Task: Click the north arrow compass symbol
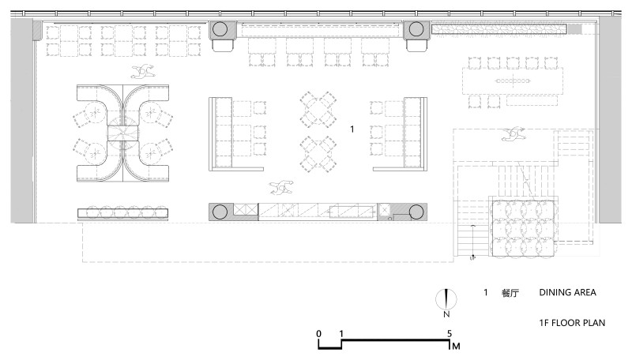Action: tap(446, 299)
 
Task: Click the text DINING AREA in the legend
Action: tap(567, 292)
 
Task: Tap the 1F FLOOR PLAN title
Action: tap(572, 323)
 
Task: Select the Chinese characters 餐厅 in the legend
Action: tap(510, 293)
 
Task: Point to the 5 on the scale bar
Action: tap(450, 333)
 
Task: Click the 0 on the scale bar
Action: tap(319, 333)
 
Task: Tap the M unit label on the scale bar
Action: tap(456, 346)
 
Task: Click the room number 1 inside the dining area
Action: tap(352, 129)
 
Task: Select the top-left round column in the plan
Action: tap(220, 29)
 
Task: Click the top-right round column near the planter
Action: tap(416, 29)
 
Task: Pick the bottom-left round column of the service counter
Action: tap(220, 212)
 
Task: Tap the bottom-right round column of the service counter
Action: tap(416, 212)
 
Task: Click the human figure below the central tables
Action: tap(281, 187)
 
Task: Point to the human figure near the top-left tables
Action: tap(143, 72)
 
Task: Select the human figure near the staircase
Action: tap(513, 134)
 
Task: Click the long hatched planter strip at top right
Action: tap(499, 29)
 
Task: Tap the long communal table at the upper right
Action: tap(512, 81)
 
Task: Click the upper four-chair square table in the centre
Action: tap(318, 109)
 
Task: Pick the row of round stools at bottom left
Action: tap(123, 212)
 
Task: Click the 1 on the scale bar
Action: tap(341, 333)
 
